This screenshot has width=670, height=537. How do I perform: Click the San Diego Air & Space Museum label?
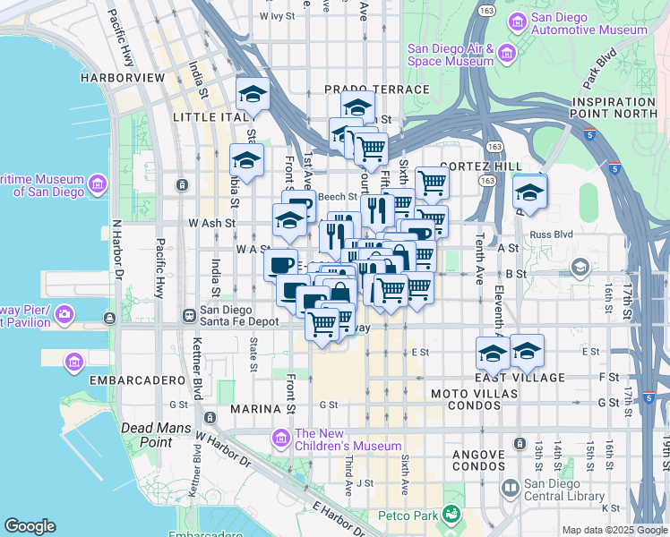[450, 55]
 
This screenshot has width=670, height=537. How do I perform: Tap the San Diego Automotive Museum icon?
[516, 22]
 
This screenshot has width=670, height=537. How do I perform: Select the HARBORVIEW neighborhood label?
[123, 78]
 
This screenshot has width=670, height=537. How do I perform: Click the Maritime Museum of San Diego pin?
[97, 184]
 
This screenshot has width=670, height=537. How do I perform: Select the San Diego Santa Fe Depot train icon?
[189, 315]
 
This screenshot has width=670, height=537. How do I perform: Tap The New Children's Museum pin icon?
[281, 438]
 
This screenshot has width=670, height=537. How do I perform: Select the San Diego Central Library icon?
[510, 488]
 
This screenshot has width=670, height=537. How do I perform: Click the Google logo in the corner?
[30, 526]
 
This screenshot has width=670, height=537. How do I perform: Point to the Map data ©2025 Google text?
[615, 530]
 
